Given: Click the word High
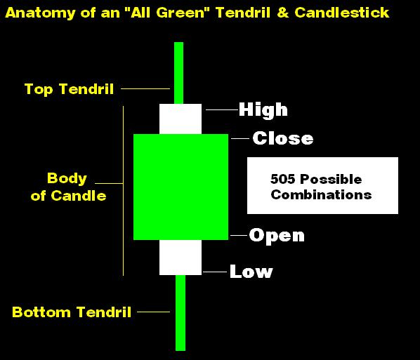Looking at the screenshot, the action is (x=263, y=110).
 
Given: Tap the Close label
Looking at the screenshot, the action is (x=283, y=138).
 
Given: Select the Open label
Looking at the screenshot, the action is (x=277, y=236).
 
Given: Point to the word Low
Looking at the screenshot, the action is (x=251, y=271).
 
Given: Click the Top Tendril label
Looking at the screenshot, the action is (x=69, y=89).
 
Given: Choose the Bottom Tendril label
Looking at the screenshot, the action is (x=72, y=312).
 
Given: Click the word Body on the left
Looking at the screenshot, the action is (x=67, y=178).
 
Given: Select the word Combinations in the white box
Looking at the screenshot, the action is (x=321, y=194).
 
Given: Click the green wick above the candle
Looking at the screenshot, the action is (x=178, y=73).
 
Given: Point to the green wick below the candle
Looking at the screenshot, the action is (x=181, y=313).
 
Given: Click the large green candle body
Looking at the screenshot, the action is (x=181, y=187).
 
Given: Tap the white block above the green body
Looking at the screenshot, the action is (x=181, y=119).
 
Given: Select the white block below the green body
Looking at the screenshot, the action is (x=181, y=258).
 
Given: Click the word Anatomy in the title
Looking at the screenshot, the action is (x=41, y=13).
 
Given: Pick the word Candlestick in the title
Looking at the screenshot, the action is (x=342, y=13).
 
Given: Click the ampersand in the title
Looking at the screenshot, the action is (x=283, y=13).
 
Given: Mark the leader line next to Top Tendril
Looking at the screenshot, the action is (x=145, y=88).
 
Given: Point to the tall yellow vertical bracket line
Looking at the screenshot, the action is (x=123, y=191).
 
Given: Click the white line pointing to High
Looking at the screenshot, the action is (x=222, y=109).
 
